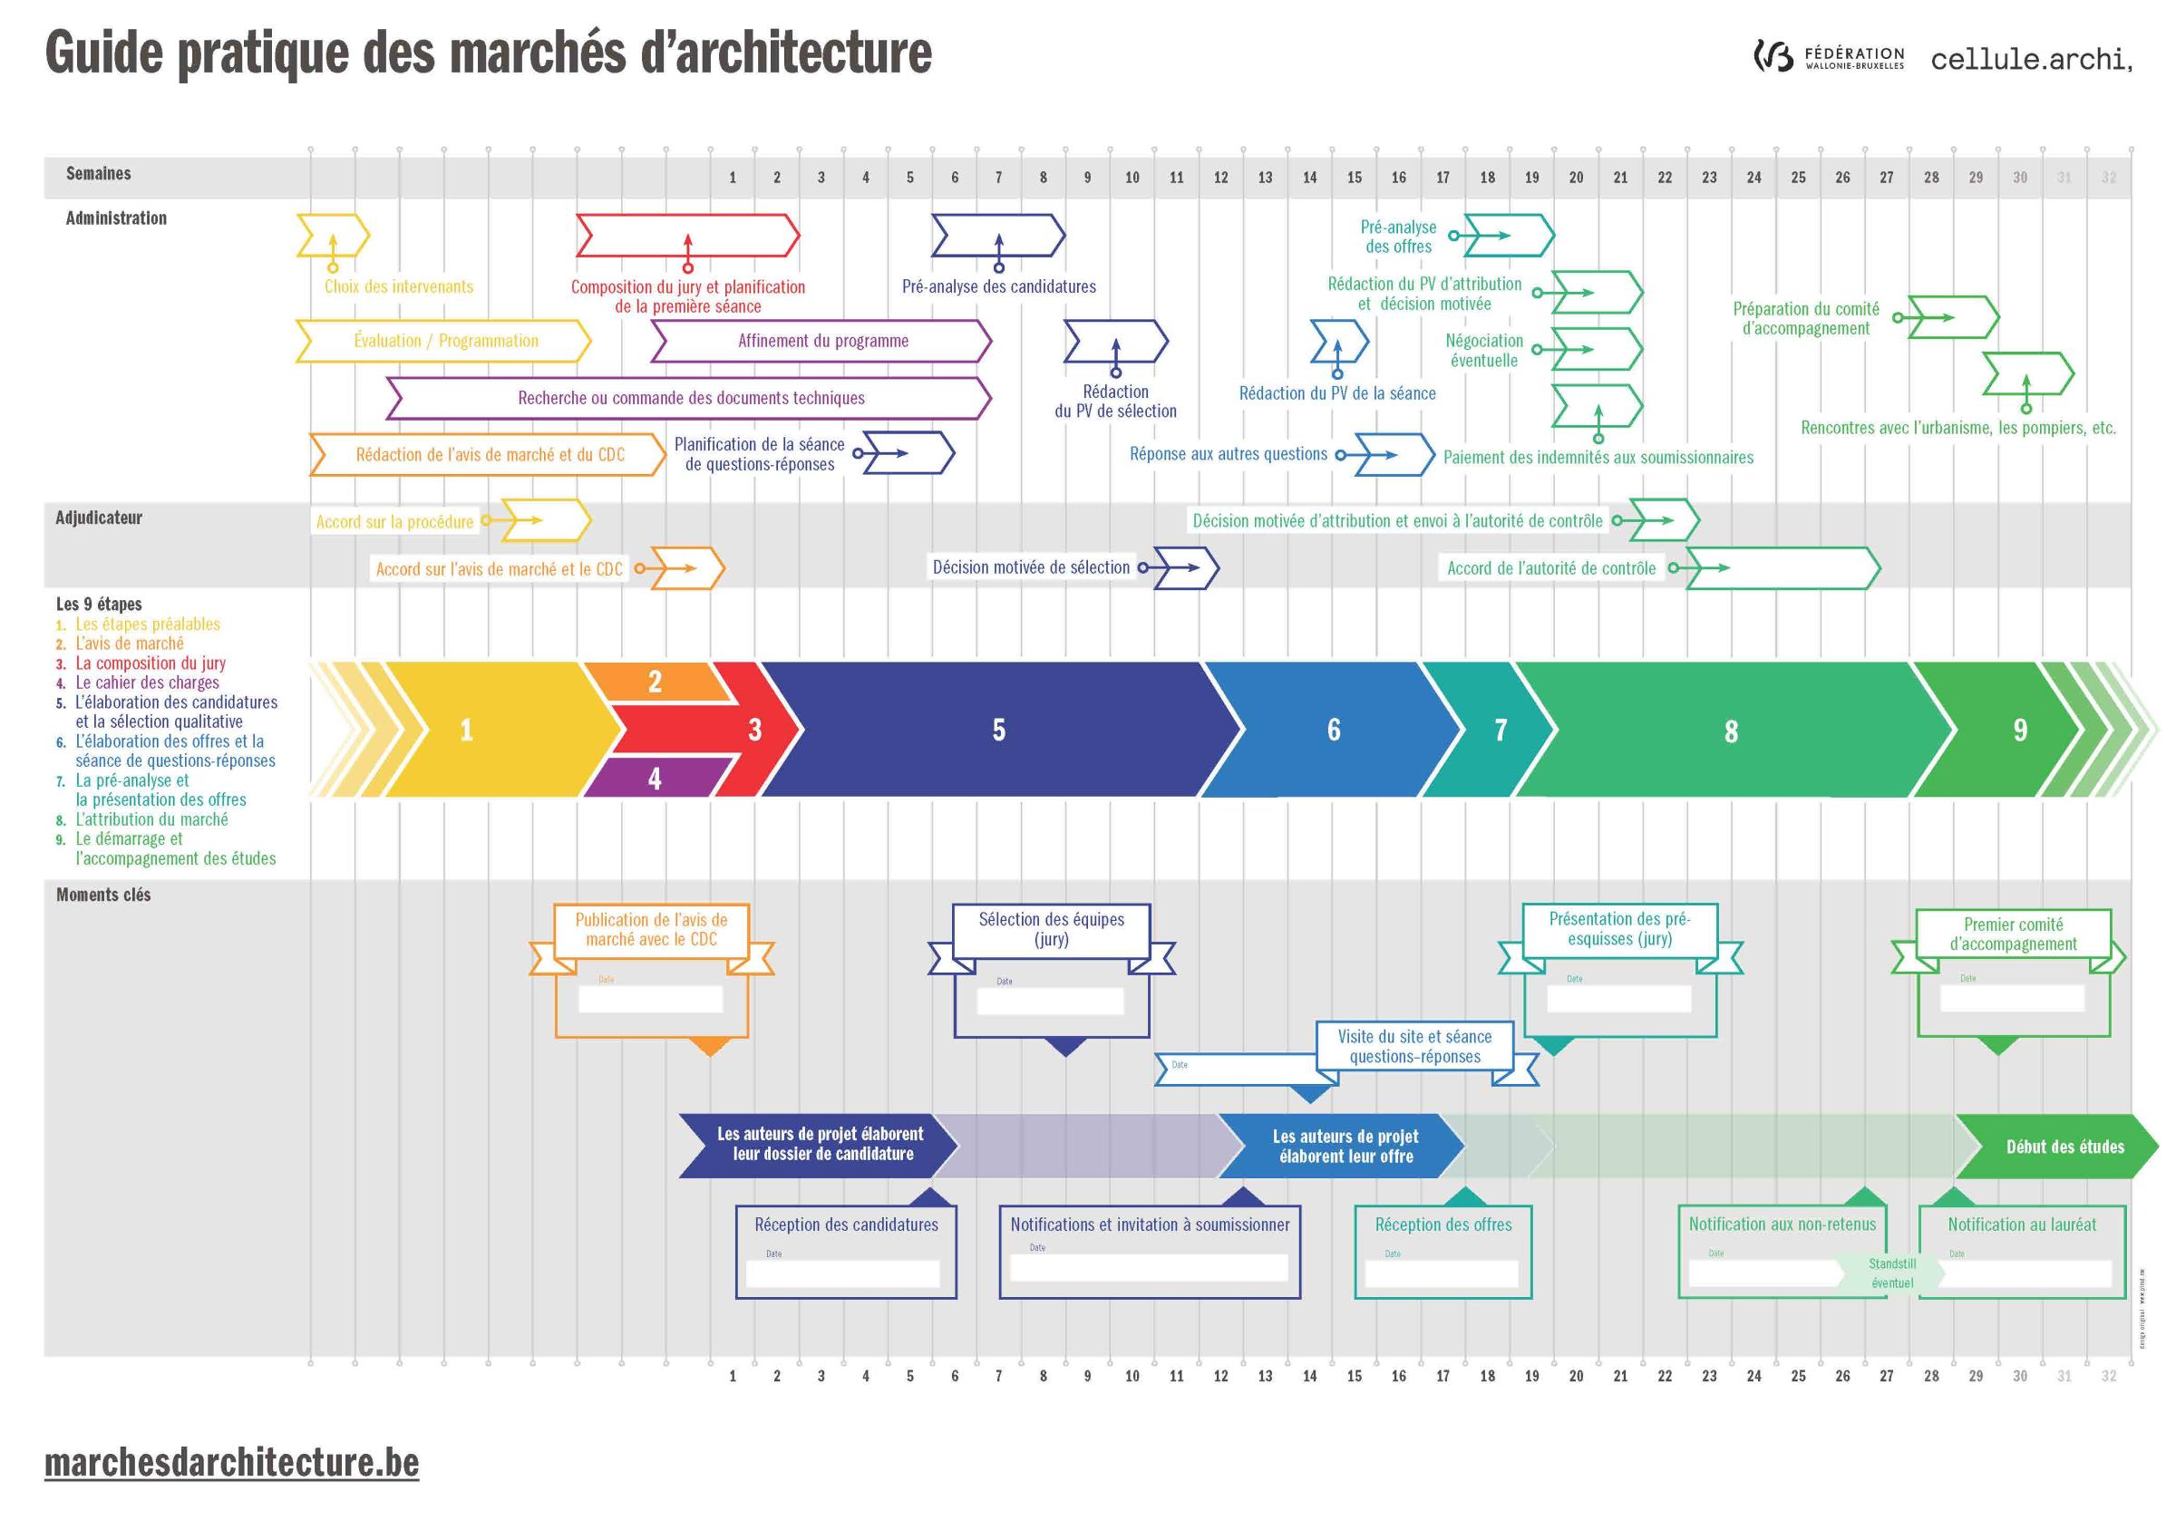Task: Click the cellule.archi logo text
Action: pyautogui.click(x=2030, y=60)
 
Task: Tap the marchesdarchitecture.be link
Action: pyautogui.click(x=231, y=1462)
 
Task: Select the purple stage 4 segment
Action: pyautogui.click(x=654, y=778)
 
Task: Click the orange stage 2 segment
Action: pyautogui.click(x=654, y=682)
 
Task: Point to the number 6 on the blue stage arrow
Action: pyautogui.click(x=1334, y=730)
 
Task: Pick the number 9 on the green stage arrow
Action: pyautogui.click(x=2020, y=730)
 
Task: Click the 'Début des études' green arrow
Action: pyautogui.click(x=2064, y=1147)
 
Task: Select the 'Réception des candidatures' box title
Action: pyautogui.click(x=845, y=1225)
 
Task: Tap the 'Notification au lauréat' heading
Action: pyautogui.click(x=2022, y=1225)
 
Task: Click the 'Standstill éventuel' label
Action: pyautogui.click(x=1891, y=1273)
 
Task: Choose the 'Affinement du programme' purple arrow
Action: pyautogui.click(x=822, y=341)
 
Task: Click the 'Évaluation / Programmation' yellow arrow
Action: pyautogui.click(x=445, y=341)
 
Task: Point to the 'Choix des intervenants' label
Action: pyautogui.click(x=398, y=286)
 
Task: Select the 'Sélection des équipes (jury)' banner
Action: pyautogui.click(x=1051, y=930)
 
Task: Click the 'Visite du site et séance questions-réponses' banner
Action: pyautogui.click(x=1414, y=1046)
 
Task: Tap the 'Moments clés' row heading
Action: pyautogui.click(x=103, y=895)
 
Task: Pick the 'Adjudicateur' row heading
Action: pyautogui.click(x=99, y=518)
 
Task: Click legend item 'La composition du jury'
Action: pyautogui.click(x=151, y=663)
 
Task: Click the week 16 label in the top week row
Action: pyautogui.click(x=1398, y=178)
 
